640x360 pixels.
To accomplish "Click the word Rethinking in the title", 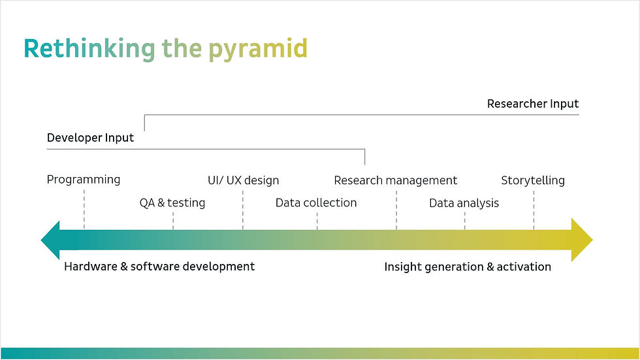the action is pyautogui.click(x=89, y=50).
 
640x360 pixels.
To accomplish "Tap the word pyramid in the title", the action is pyautogui.click(x=258, y=50).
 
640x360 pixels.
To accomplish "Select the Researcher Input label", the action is pyautogui.click(x=533, y=104).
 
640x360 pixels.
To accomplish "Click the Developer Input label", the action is pyautogui.click(x=90, y=138).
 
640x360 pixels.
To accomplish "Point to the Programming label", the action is pyautogui.click(x=84, y=180).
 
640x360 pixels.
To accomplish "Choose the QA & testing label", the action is pyautogui.click(x=172, y=203).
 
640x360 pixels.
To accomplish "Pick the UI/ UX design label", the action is pyautogui.click(x=243, y=180).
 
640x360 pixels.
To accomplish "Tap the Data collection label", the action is pyautogui.click(x=316, y=203).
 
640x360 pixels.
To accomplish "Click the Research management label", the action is pyautogui.click(x=396, y=180).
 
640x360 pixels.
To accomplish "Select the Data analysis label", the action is pyautogui.click(x=464, y=203).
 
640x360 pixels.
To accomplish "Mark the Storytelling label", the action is pyautogui.click(x=533, y=180).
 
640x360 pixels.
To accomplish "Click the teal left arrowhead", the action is pyautogui.click(x=50, y=240).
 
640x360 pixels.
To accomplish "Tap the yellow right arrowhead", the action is pyautogui.click(x=582, y=240).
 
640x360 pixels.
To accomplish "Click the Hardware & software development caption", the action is pyautogui.click(x=159, y=267).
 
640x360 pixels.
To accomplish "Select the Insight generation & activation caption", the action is pyautogui.click(x=468, y=267).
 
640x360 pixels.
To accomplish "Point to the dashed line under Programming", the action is pyautogui.click(x=84, y=209).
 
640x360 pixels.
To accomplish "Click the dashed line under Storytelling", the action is pyautogui.click(x=534, y=210).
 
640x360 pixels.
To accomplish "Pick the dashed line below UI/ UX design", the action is pyautogui.click(x=243, y=210).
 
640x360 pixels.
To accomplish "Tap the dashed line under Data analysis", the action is pyautogui.click(x=464, y=221).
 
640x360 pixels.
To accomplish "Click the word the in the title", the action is pyautogui.click(x=182, y=50).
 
